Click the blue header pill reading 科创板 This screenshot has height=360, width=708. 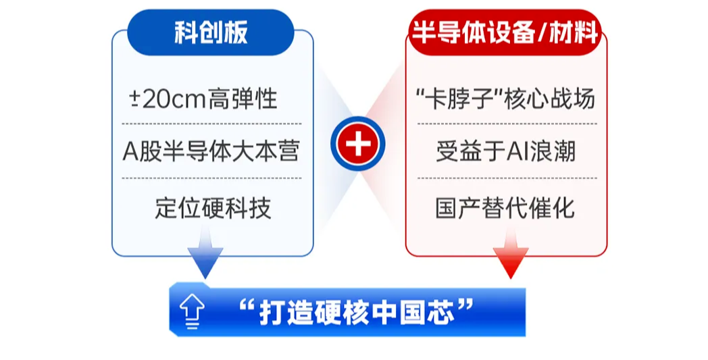(x=210, y=32)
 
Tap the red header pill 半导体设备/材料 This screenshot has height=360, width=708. (x=505, y=32)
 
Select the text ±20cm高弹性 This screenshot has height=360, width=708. (x=203, y=99)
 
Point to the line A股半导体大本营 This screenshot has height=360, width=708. (x=211, y=151)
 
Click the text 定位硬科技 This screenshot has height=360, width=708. (x=213, y=208)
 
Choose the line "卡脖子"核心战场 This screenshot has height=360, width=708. (x=505, y=99)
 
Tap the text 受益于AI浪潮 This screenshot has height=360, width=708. (x=506, y=151)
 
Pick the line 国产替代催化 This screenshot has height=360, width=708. (x=505, y=208)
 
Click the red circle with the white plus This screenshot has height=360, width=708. (x=357, y=144)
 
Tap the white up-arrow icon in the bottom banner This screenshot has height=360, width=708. (x=192, y=311)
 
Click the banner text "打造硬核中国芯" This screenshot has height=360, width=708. (x=356, y=311)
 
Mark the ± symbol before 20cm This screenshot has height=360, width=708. (x=134, y=99)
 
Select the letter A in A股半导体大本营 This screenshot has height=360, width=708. (x=130, y=151)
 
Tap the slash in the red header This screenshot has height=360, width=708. (x=541, y=32)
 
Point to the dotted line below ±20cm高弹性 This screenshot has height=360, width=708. (x=211, y=124)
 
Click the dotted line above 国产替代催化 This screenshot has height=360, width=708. (x=507, y=178)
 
